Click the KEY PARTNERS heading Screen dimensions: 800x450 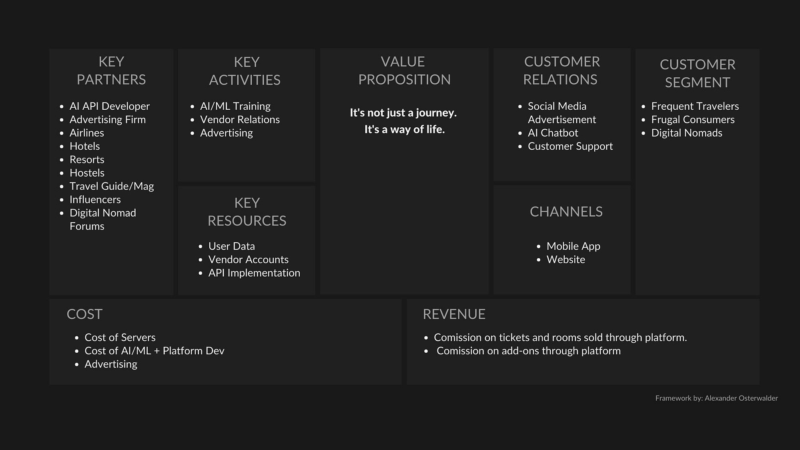point(111,70)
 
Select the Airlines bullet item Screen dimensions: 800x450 point(87,133)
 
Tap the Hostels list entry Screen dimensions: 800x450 point(87,173)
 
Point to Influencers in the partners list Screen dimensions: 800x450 point(95,199)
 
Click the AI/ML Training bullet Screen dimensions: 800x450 point(235,106)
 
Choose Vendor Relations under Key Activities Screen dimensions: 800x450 point(240,119)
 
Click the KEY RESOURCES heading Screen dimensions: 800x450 point(247,212)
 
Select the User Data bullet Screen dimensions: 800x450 point(231,246)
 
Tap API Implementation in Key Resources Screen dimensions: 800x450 point(254,273)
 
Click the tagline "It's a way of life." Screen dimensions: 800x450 point(404,129)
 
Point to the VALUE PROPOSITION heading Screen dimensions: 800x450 point(404,70)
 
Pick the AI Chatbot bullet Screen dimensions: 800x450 point(553,133)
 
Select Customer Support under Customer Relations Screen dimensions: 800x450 point(570,146)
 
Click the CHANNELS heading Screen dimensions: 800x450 point(566,211)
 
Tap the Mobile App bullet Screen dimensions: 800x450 point(573,246)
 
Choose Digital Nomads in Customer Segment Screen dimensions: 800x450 point(687,133)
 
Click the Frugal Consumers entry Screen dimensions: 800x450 point(693,119)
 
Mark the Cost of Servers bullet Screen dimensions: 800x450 point(120,337)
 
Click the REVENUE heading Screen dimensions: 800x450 point(454,314)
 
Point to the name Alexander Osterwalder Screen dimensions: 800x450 point(741,398)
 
